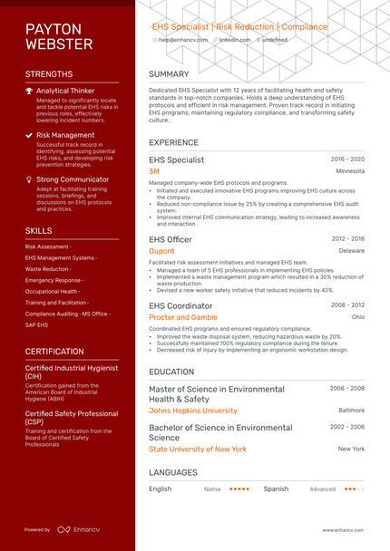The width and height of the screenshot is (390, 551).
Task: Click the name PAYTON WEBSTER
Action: click(59, 36)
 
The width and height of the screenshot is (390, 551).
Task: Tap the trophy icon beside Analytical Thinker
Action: click(29, 91)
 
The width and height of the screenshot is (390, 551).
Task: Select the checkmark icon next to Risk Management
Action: click(29, 135)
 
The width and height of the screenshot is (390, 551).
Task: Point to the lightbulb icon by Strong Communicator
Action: click(29, 179)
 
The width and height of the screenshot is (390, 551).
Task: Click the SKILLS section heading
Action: click(38, 231)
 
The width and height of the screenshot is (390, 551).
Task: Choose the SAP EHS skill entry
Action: click(37, 324)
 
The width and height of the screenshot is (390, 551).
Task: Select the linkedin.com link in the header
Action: click(235, 40)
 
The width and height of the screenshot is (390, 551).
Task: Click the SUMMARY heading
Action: click(169, 74)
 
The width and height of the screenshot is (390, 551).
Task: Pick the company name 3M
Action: click(154, 171)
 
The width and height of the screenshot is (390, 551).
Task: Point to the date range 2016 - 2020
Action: click(347, 159)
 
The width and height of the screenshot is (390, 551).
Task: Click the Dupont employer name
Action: click(161, 251)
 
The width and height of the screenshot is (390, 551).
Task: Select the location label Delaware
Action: click(352, 251)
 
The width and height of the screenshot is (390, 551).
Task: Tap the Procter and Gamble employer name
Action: click(183, 317)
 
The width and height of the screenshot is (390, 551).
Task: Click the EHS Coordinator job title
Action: click(180, 305)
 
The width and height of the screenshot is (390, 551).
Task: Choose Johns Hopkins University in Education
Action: click(192, 411)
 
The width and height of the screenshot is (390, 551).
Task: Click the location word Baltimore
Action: click(351, 411)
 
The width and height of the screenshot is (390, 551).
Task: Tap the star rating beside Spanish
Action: click(353, 488)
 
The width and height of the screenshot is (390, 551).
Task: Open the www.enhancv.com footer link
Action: click(343, 529)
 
